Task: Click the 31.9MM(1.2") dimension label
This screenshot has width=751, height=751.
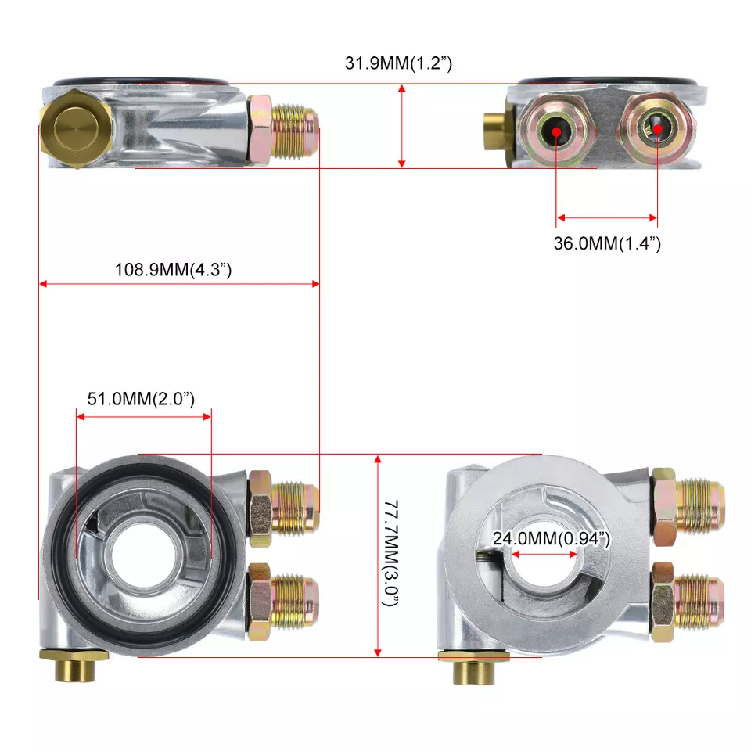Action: (398, 63)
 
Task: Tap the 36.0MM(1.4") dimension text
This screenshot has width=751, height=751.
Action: (607, 243)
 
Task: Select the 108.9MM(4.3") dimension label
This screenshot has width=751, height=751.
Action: (174, 270)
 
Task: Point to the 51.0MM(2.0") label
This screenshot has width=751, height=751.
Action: (141, 398)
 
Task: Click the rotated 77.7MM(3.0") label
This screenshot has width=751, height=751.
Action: (392, 553)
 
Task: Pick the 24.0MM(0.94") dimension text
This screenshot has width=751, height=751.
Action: (552, 538)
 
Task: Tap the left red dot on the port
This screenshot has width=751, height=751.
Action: (556, 131)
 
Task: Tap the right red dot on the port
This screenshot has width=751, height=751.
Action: (658, 129)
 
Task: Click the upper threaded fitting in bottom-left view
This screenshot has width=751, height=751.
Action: (283, 508)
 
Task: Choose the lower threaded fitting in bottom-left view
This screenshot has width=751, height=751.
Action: (283, 602)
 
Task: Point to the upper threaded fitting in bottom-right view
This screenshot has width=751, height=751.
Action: (688, 507)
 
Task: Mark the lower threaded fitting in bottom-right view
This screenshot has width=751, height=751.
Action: (688, 602)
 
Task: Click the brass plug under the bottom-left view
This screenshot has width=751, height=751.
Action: (74, 664)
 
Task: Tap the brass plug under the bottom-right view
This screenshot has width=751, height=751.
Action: (474, 667)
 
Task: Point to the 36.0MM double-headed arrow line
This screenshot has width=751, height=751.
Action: (607, 218)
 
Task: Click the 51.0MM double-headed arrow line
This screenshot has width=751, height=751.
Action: (144, 417)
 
